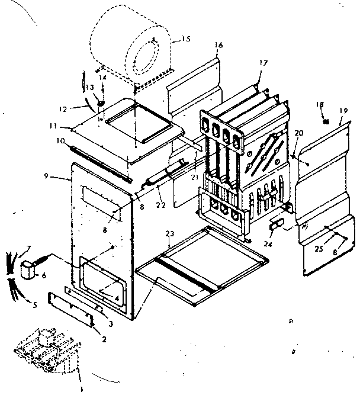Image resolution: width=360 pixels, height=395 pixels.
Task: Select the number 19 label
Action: coord(343,110)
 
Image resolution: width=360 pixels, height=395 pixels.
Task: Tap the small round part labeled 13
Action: coord(101,104)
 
